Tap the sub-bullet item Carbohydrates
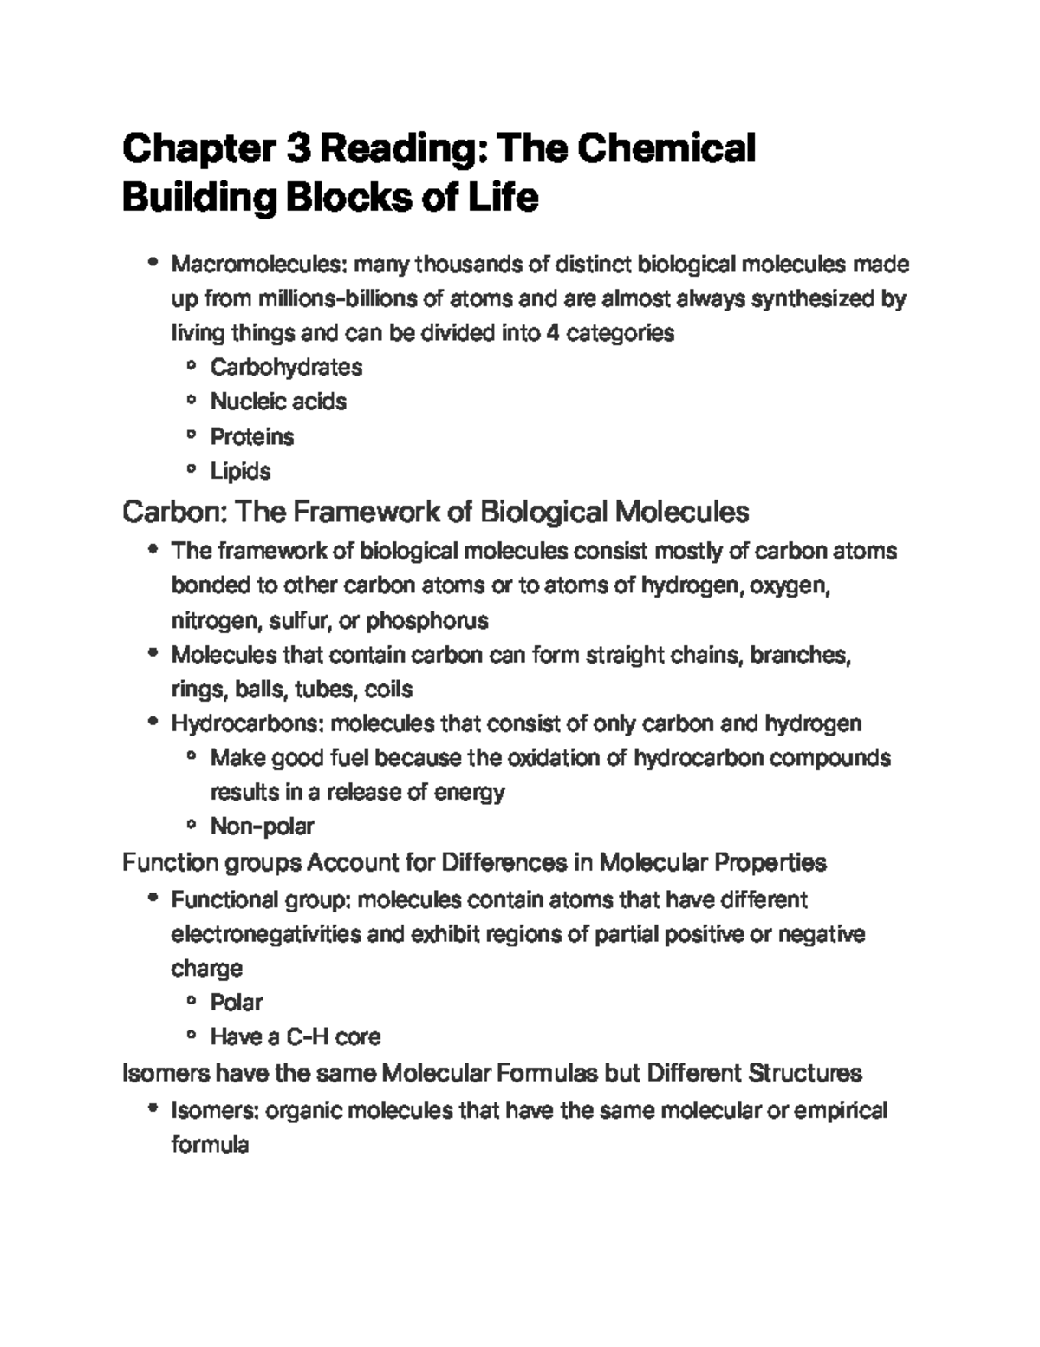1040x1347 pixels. tap(286, 367)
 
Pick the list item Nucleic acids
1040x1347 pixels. tap(278, 402)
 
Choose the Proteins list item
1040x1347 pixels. tap(252, 436)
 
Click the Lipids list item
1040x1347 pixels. tap(241, 471)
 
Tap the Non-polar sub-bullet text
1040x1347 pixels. tap(262, 826)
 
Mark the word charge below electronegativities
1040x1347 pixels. tap(206, 968)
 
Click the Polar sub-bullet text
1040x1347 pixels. tap(236, 1003)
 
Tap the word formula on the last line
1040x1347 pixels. tap(210, 1145)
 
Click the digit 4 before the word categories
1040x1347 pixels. tap(551, 333)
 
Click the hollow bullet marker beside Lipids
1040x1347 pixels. tap(190, 471)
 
